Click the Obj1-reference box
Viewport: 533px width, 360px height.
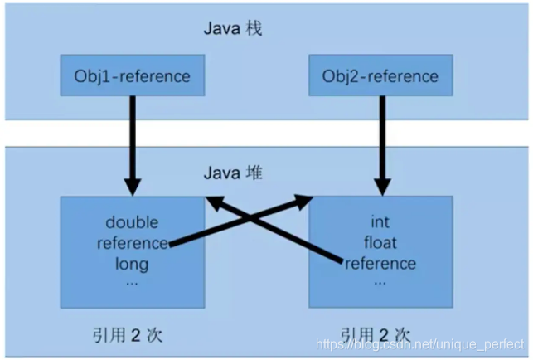[127, 77]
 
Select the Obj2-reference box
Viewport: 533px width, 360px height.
[379, 77]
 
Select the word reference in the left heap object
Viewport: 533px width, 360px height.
[133, 244]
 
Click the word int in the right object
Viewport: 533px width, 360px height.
[380, 222]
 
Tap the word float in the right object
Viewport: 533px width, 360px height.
[380, 243]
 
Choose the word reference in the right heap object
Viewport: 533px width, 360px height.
[380, 264]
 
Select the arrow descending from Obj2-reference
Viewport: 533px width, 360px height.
[380, 145]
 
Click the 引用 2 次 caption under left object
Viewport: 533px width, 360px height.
[126, 335]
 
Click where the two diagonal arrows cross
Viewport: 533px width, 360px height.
[258, 221]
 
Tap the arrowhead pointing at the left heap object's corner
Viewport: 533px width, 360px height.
[215, 202]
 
